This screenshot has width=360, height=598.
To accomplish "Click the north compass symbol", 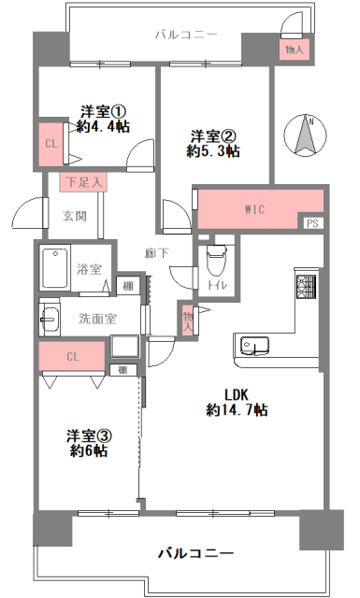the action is click(x=305, y=135).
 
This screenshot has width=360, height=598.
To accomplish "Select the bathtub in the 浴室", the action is click(x=55, y=268).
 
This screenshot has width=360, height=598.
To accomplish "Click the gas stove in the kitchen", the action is click(x=307, y=287).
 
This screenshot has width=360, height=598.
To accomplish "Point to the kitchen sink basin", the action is click(x=254, y=345).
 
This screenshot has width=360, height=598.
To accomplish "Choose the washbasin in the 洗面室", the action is click(x=50, y=319).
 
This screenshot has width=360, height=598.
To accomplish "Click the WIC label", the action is click(x=254, y=209).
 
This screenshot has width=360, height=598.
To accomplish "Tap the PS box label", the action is click(x=312, y=222).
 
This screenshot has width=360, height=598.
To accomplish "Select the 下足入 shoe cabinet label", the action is click(x=83, y=182).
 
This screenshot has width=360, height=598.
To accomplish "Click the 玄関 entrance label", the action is click(x=75, y=216).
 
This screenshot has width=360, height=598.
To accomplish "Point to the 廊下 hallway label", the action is click(x=156, y=253).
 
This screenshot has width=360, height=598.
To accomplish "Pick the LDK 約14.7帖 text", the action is click(x=237, y=402).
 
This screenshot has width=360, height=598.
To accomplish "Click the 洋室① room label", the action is click(x=103, y=111).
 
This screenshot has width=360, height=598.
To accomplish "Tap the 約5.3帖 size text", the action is click(x=213, y=151).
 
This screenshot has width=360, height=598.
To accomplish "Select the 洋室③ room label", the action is click(x=89, y=435).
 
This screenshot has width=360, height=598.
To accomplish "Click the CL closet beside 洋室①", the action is click(x=50, y=144).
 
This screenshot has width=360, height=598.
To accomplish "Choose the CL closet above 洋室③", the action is click(x=72, y=356).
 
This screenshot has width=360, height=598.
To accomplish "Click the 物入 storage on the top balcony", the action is click(x=295, y=50).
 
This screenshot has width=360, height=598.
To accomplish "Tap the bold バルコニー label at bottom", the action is click(x=195, y=552).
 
